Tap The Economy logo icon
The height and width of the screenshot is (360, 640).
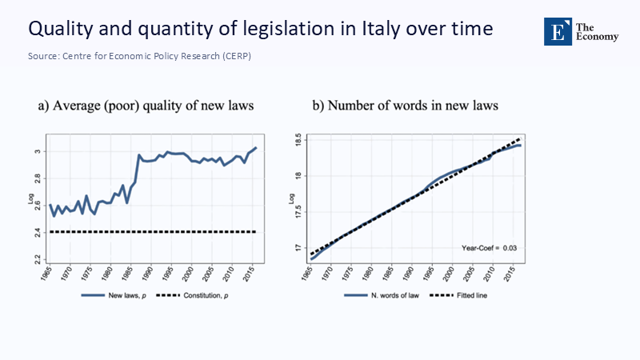click(558, 30)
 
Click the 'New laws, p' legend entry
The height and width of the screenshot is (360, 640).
click(108, 295)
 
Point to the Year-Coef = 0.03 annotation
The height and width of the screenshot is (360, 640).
click(490, 248)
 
